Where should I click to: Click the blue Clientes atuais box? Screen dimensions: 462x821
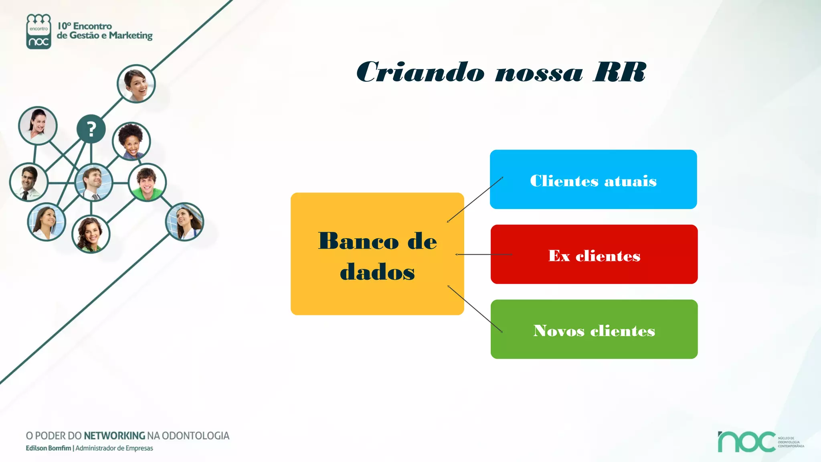(x=593, y=179)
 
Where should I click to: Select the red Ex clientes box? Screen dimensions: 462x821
(x=594, y=254)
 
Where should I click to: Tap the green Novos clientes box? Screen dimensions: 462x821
(x=594, y=329)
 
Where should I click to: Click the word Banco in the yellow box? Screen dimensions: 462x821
(x=358, y=241)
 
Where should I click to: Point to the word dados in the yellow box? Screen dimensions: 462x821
(x=377, y=272)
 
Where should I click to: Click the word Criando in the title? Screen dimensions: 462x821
(x=420, y=72)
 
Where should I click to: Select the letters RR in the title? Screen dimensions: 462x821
(x=619, y=72)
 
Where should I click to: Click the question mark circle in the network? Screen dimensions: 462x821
(x=91, y=129)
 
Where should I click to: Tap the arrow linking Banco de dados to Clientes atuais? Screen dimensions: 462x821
(x=475, y=199)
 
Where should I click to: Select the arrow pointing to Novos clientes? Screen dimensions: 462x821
(x=475, y=309)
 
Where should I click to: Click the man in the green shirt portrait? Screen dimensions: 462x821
(x=147, y=182)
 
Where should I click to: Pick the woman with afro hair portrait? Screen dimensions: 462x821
(x=131, y=141)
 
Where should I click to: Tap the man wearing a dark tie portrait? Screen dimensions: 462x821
(x=29, y=182)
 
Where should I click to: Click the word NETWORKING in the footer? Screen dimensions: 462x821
(x=114, y=436)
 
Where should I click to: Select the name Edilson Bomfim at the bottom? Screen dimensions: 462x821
(x=48, y=448)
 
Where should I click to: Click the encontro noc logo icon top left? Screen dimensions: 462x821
(x=38, y=32)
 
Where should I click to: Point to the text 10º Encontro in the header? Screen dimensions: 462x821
(x=85, y=26)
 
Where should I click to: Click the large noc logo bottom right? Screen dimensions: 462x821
(x=746, y=442)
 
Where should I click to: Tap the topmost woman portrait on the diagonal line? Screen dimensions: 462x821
(x=136, y=84)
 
